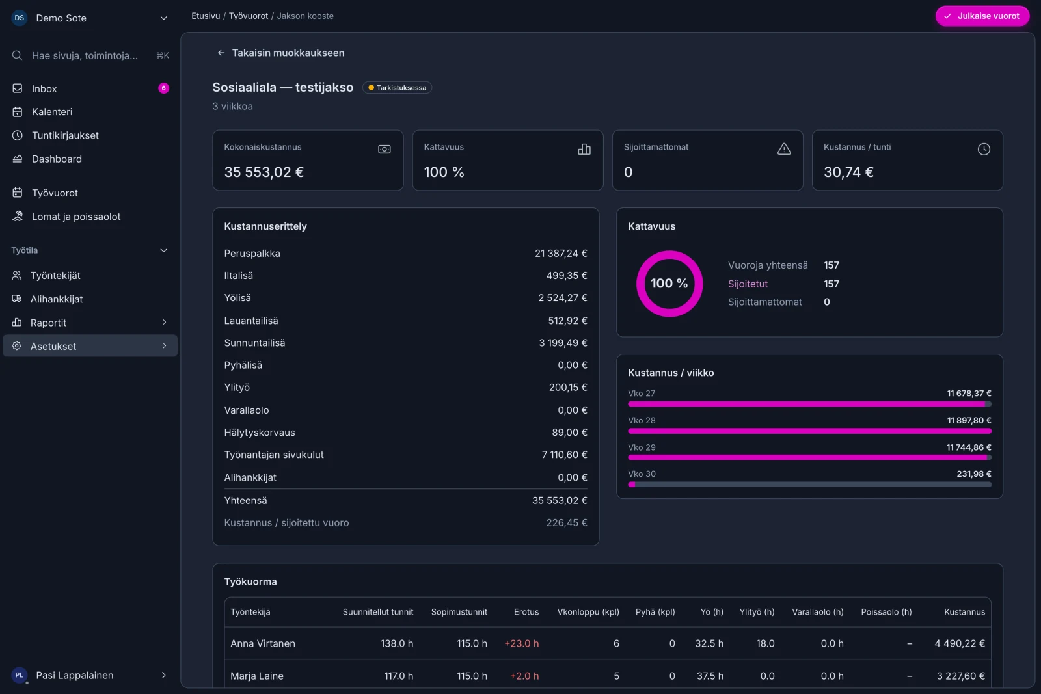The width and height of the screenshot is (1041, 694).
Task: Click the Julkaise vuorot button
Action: click(982, 16)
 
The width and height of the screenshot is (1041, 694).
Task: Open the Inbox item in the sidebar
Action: click(44, 88)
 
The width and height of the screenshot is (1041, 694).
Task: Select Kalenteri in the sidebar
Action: click(51, 111)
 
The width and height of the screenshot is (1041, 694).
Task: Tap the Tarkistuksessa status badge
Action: click(397, 87)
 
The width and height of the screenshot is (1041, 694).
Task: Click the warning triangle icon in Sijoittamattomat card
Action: click(783, 149)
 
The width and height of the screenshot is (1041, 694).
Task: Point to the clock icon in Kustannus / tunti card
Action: click(983, 149)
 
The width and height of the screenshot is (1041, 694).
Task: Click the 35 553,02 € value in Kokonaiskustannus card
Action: click(264, 172)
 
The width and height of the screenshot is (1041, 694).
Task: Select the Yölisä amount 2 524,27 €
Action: click(562, 298)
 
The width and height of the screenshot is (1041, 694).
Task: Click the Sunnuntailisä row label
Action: click(254, 343)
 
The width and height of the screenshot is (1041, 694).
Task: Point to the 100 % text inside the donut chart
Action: click(669, 283)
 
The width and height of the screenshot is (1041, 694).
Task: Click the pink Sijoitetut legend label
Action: click(748, 284)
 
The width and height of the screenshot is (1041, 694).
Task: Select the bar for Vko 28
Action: click(809, 431)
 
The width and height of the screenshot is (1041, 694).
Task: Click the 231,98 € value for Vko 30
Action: click(973, 474)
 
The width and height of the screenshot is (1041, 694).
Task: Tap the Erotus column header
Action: click(526, 612)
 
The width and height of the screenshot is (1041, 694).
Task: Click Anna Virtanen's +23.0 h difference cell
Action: click(521, 643)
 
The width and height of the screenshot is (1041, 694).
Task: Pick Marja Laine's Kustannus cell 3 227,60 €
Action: click(960, 676)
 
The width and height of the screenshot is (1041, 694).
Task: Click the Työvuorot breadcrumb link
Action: click(248, 16)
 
